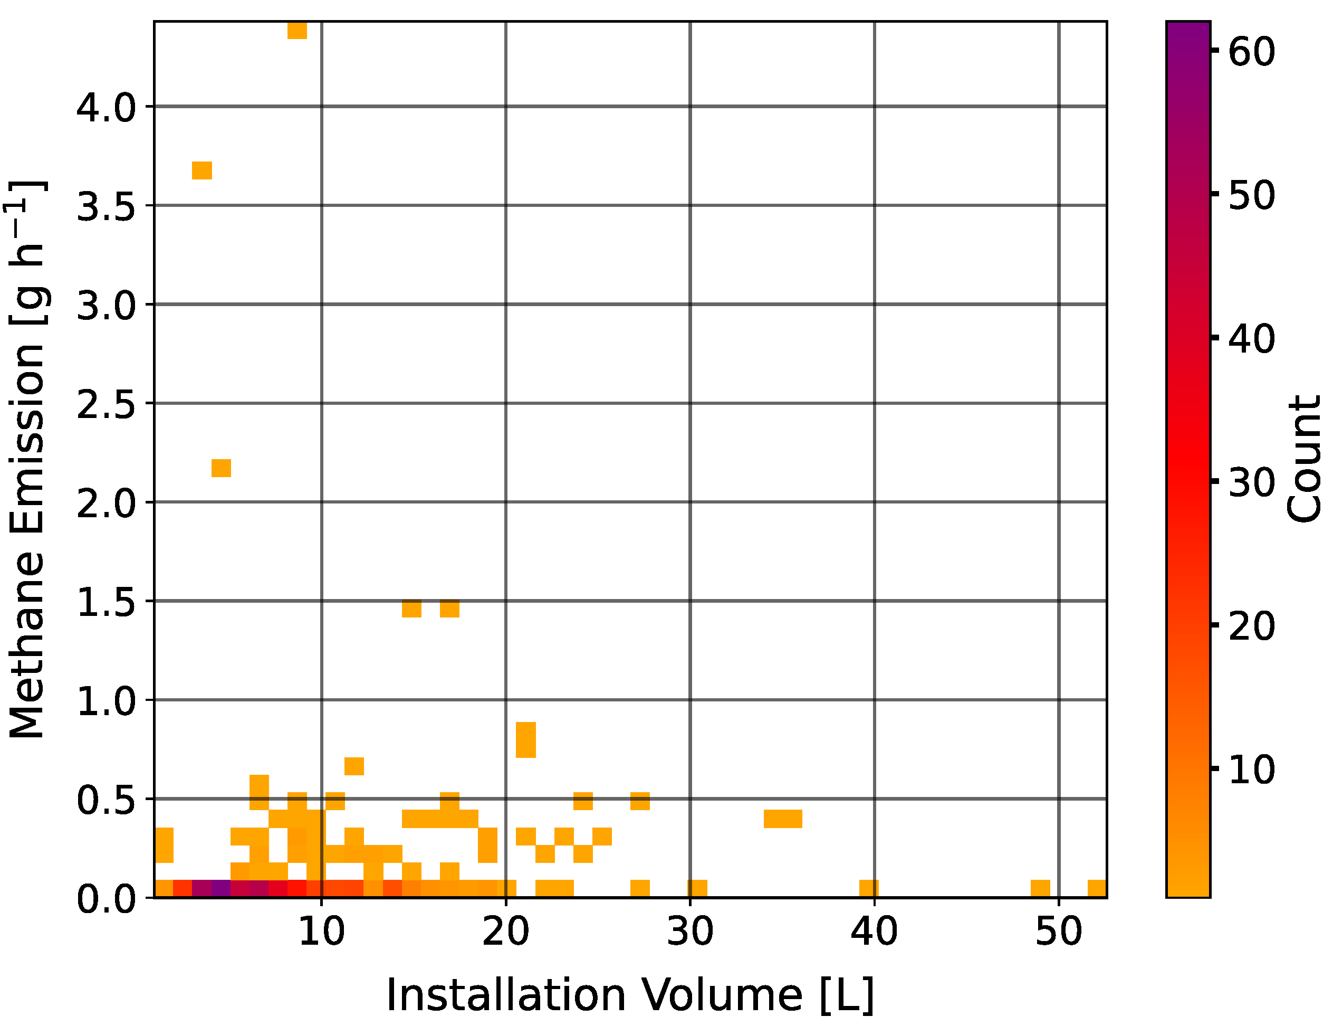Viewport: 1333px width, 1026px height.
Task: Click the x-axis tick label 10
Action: click(321, 933)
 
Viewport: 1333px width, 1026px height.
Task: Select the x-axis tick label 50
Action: click(1058, 933)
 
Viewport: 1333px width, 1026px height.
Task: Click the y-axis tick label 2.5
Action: click(106, 405)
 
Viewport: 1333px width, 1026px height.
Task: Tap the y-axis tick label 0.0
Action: click(106, 899)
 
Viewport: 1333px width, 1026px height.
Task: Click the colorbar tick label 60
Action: click(1251, 51)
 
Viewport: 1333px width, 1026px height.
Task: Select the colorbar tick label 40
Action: click(1251, 339)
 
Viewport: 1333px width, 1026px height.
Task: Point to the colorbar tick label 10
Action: click(1251, 770)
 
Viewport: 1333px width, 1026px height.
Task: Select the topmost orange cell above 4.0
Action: click(297, 30)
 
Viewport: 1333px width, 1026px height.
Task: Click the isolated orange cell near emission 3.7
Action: click(202, 170)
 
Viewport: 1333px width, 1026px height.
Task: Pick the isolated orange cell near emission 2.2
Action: click(221, 468)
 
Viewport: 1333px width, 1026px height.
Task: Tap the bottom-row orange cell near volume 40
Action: click(868, 889)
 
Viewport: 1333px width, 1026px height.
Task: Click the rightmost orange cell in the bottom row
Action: click(1097, 889)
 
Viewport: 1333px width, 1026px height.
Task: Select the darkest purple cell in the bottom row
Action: click(221, 889)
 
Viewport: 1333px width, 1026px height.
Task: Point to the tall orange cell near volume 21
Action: click(525, 739)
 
